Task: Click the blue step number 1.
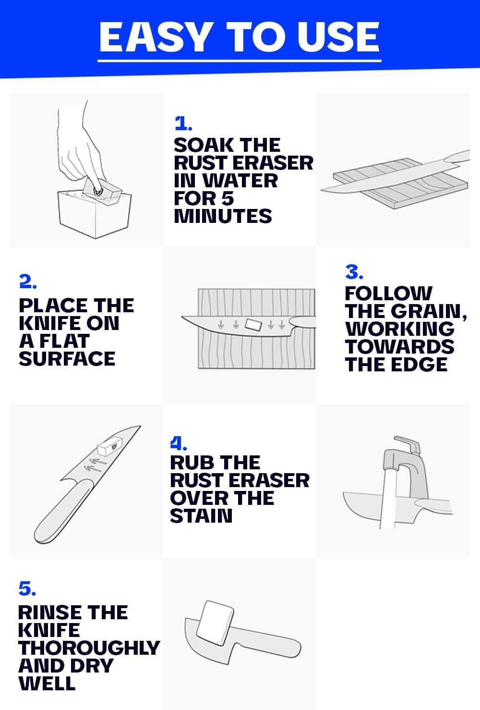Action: (183, 123)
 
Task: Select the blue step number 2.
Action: (28, 281)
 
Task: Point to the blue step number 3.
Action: (354, 272)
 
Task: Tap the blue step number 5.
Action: (27, 588)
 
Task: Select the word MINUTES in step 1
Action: (223, 216)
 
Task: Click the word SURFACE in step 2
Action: (67, 358)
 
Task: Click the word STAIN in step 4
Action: (202, 515)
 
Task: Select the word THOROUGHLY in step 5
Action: (89, 648)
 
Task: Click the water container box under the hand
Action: (95, 213)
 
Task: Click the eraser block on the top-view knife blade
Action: (253, 325)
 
